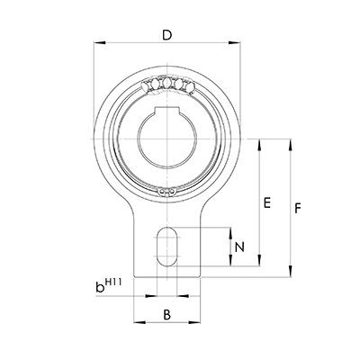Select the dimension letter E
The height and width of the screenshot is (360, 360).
coord(266,204)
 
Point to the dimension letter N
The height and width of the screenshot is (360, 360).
coord(239,247)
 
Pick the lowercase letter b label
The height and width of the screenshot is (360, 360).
coord(100,289)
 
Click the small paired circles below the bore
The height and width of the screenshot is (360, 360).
coord(163,191)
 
